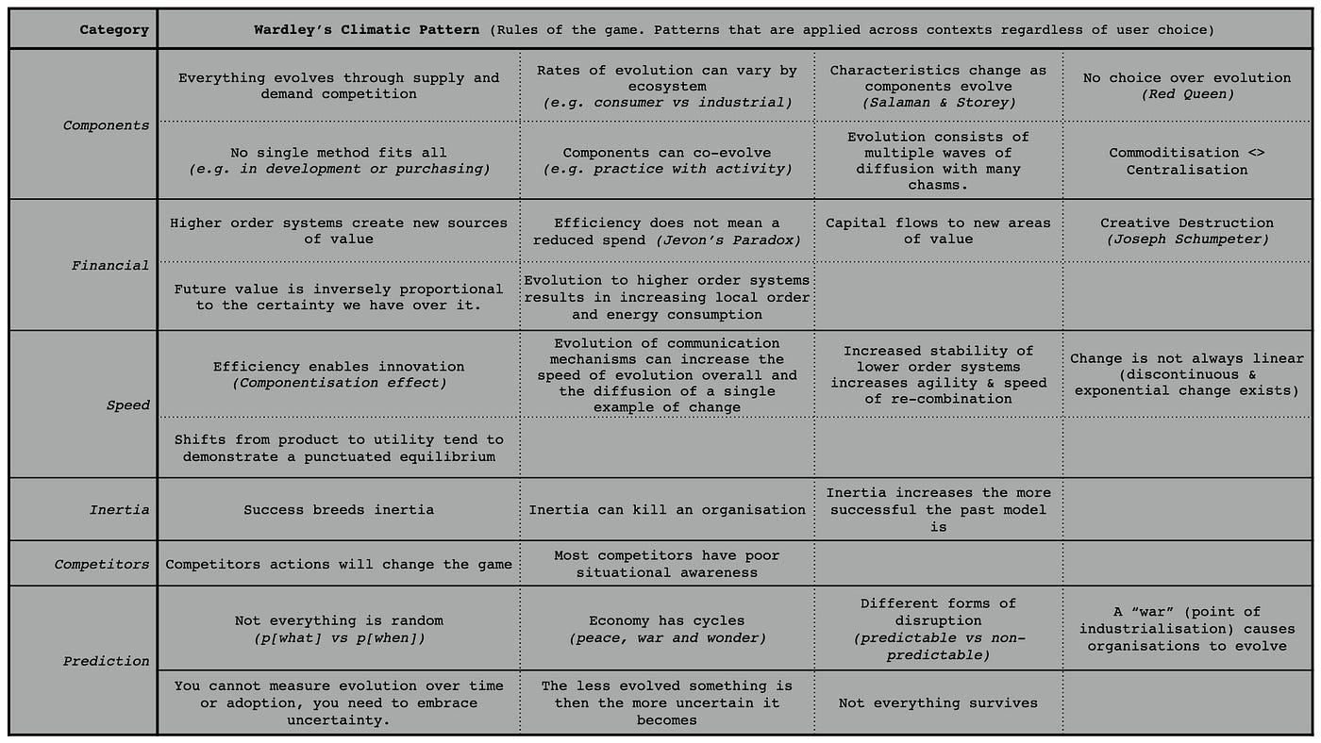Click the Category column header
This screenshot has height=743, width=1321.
tap(113, 29)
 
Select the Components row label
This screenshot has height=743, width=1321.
tap(106, 125)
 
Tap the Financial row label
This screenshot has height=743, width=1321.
tap(109, 266)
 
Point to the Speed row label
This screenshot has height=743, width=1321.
tap(127, 405)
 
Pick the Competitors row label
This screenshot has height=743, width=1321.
tap(101, 565)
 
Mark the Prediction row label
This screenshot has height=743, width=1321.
tap(106, 661)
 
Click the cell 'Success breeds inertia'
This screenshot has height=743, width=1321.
tap(339, 510)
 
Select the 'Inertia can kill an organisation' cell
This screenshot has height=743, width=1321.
tap(667, 510)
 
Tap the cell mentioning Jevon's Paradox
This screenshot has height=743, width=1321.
tap(667, 232)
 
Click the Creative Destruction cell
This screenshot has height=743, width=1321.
tap(1187, 232)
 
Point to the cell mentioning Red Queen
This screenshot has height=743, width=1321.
tap(1187, 86)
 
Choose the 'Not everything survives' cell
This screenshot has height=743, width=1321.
tap(938, 702)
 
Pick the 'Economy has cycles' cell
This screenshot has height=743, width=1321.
tap(667, 629)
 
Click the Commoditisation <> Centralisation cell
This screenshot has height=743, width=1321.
tap(1187, 161)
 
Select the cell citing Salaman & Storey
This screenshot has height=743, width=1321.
tap(938, 86)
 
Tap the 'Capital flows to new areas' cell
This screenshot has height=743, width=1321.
tap(938, 231)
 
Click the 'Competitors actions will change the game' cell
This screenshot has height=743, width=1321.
tap(339, 565)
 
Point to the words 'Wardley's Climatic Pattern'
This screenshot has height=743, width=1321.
tap(367, 29)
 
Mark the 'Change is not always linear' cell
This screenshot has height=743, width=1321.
tap(1187, 374)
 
